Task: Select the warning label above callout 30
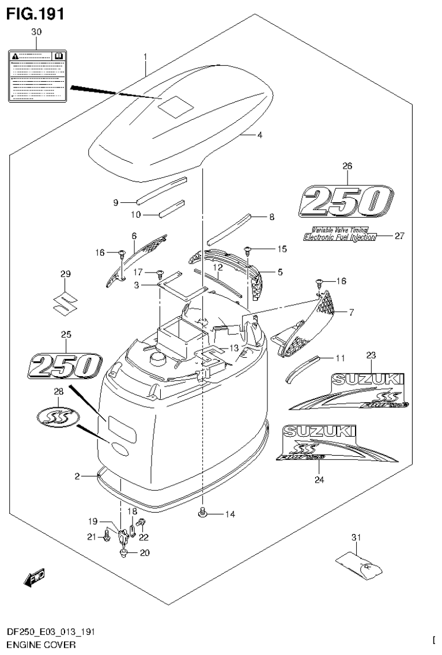pos(37,75)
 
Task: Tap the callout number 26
pos(346,166)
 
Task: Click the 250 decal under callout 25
pos(63,366)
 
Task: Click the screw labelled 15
pos(248,250)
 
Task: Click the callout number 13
pos(233,348)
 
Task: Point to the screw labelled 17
pos(160,272)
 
